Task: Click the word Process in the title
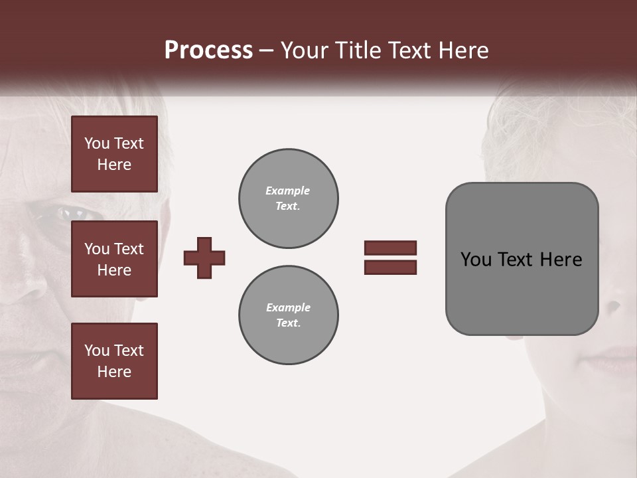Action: point(208,50)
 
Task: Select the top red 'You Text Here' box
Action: point(114,154)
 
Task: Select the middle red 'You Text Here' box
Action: point(114,259)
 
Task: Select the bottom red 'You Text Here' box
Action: point(114,360)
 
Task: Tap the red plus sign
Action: point(204,258)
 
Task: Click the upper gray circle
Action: point(288,199)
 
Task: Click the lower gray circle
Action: point(288,315)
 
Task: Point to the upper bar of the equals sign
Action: point(390,248)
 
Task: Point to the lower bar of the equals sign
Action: point(390,267)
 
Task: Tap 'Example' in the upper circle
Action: point(287,191)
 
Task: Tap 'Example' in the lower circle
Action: point(288,307)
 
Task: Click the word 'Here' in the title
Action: point(463,50)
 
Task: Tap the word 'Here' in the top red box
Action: point(114,165)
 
